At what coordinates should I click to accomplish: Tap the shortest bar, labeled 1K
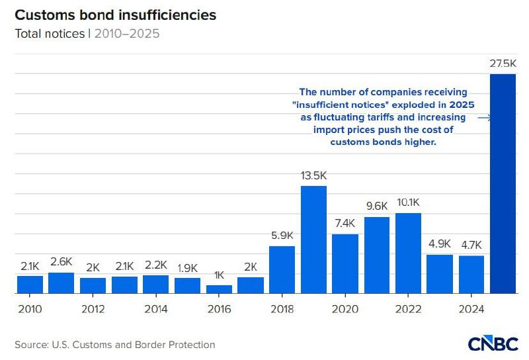pyautogui.click(x=219, y=289)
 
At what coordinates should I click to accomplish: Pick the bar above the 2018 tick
pyautogui.click(x=282, y=269)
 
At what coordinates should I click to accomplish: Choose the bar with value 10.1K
pyautogui.click(x=408, y=253)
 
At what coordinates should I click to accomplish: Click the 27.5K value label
pyautogui.click(x=502, y=64)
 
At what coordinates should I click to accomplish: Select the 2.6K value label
pyautogui.click(x=61, y=261)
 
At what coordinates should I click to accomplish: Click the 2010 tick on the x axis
pyautogui.click(x=30, y=309)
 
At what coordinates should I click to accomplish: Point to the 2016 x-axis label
pyautogui.click(x=219, y=309)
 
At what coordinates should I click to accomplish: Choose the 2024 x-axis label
pyautogui.click(x=471, y=309)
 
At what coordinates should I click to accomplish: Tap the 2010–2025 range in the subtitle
pyautogui.click(x=126, y=33)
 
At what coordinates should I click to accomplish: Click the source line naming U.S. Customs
pyautogui.click(x=115, y=345)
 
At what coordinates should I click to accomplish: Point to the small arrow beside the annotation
pyautogui.click(x=483, y=118)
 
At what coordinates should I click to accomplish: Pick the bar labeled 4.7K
pyautogui.click(x=471, y=274)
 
